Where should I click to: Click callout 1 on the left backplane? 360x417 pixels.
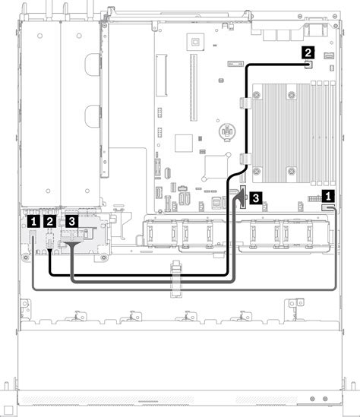32,221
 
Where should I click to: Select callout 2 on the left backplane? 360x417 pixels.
49,221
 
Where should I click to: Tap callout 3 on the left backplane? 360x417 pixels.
71,221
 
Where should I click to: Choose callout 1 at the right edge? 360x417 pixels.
328,195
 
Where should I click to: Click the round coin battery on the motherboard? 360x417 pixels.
226,133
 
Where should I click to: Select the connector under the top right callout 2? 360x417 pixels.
308,65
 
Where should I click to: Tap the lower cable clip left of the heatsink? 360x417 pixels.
244,159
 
